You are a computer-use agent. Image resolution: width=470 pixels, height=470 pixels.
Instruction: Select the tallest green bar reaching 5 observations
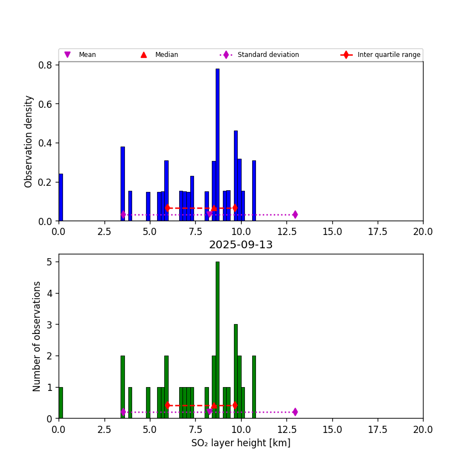tap(217, 340)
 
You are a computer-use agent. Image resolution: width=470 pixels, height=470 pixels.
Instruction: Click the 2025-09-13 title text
tap(241, 245)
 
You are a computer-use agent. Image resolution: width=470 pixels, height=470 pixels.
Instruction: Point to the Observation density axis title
tap(29, 141)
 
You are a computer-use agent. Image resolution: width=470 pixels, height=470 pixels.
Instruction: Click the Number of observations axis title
tap(37, 336)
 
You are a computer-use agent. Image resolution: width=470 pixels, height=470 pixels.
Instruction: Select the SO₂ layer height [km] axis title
tap(241, 443)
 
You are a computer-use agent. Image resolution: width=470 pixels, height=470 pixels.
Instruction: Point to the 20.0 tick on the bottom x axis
tap(423, 429)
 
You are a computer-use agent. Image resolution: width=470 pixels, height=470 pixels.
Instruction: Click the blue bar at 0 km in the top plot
tap(61, 197)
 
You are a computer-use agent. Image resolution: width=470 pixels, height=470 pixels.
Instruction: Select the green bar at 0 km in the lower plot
tap(61, 403)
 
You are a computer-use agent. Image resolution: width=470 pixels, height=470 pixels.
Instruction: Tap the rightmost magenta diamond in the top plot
tap(295, 215)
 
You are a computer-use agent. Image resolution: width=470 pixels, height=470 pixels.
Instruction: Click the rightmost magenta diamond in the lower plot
tap(295, 412)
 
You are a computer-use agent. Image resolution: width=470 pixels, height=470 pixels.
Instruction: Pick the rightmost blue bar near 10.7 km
tap(254, 191)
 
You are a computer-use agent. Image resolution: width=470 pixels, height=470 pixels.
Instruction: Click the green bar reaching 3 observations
tap(236, 371)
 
